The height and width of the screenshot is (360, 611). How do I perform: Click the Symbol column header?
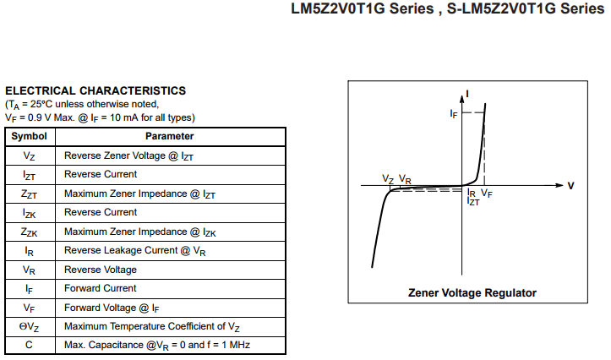pos(30,136)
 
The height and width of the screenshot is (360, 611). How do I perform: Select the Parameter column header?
pos(170,136)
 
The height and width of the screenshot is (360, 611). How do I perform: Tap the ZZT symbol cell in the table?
pos(30,194)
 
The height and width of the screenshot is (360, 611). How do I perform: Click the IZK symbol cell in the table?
pos(30,213)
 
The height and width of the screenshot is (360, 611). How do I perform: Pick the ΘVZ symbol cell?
pos(30,327)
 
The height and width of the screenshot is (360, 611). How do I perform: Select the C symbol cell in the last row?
pos(30,345)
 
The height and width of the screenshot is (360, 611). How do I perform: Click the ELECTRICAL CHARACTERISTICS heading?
pos(95,90)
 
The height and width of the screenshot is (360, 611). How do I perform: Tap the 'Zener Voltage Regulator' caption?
pos(472,293)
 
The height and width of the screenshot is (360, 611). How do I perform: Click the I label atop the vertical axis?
pos(467,94)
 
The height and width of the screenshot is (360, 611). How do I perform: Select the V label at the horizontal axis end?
pos(571,186)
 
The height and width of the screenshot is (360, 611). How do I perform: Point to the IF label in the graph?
pos(454,114)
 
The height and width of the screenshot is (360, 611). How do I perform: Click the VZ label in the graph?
pos(388,179)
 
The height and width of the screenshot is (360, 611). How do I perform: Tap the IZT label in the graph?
pos(473,201)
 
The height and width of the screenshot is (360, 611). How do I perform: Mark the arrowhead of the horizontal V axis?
pos(559,185)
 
